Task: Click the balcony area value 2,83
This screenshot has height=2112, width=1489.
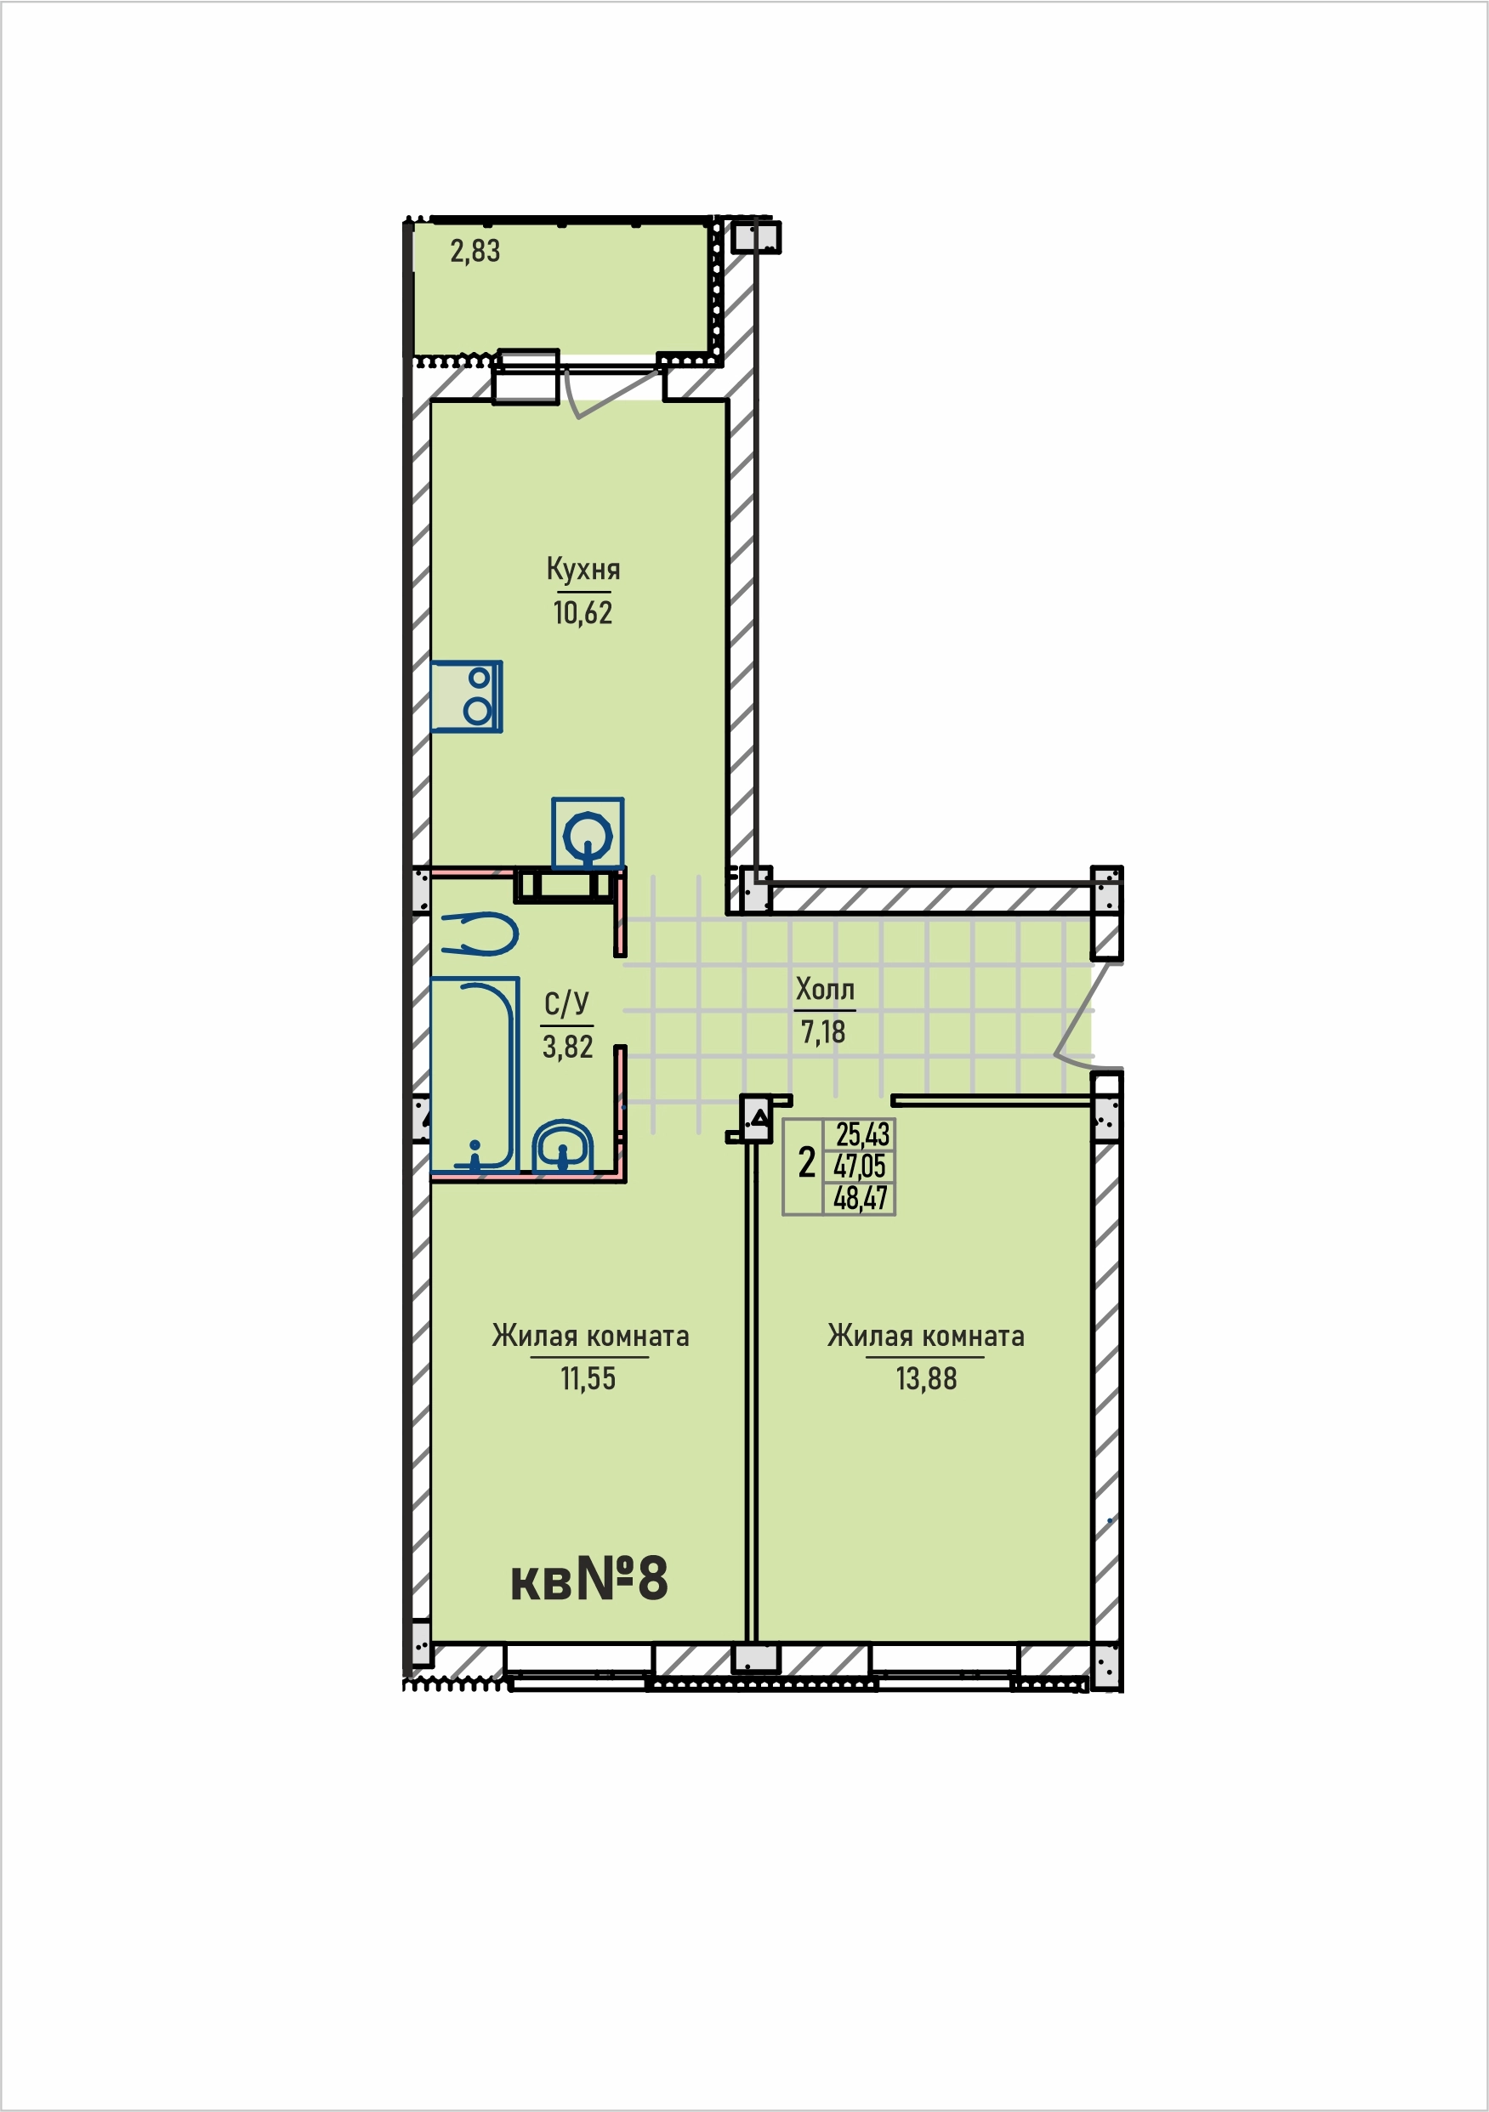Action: click(x=475, y=251)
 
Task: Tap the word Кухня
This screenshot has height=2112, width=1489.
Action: click(x=583, y=570)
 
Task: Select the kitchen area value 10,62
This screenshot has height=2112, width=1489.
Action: click(x=583, y=613)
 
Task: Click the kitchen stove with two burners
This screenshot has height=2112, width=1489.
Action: click(x=467, y=696)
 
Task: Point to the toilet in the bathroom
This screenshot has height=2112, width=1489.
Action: click(x=479, y=934)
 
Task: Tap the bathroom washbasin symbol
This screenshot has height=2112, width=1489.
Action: click(x=562, y=1146)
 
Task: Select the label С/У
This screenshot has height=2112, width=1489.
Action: click(x=566, y=1003)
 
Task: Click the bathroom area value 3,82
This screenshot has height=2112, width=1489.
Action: click(x=568, y=1047)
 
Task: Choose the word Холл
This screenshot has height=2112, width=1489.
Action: click(x=825, y=990)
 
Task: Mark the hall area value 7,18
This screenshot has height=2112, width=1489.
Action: click(x=822, y=1033)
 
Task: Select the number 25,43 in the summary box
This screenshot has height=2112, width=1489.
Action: click(x=862, y=1135)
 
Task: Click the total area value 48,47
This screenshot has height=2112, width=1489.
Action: click(x=861, y=1199)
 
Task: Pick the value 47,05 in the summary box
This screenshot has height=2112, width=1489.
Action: click(x=860, y=1167)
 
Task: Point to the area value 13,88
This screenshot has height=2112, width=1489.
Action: click(x=927, y=1379)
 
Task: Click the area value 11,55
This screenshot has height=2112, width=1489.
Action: click(x=588, y=1379)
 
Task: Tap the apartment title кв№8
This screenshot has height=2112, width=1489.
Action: click(x=589, y=1579)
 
